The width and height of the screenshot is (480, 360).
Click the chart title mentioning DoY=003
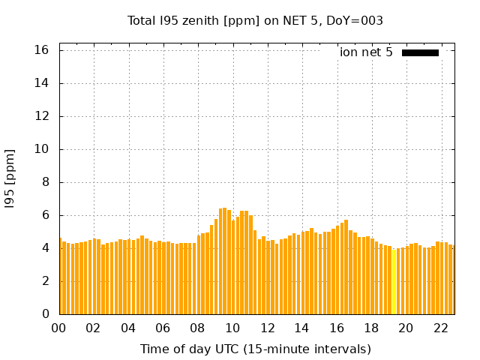(255, 21)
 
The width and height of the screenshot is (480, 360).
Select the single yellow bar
(394, 281)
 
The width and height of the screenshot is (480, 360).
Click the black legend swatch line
(420, 52)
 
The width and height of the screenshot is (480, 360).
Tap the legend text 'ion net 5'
(366, 52)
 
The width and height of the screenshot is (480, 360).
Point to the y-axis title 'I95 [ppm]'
(10, 178)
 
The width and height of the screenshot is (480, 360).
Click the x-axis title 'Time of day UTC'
(255, 349)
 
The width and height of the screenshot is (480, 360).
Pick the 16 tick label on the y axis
(42, 50)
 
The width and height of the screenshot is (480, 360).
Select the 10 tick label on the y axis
(42, 149)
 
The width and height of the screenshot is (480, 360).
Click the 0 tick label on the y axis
(45, 314)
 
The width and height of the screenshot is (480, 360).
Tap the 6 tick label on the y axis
(45, 215)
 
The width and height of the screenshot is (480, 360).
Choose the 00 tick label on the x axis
(58, 328)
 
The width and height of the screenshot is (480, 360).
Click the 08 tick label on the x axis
(197, 328)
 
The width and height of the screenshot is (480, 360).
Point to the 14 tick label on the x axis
(301, 328)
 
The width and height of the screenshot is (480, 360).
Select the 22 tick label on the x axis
(440, 328)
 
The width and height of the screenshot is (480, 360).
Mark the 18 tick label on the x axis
(371, 328)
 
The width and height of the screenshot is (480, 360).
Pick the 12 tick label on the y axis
(42, 116)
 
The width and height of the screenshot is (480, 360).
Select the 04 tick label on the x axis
(128, 328)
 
